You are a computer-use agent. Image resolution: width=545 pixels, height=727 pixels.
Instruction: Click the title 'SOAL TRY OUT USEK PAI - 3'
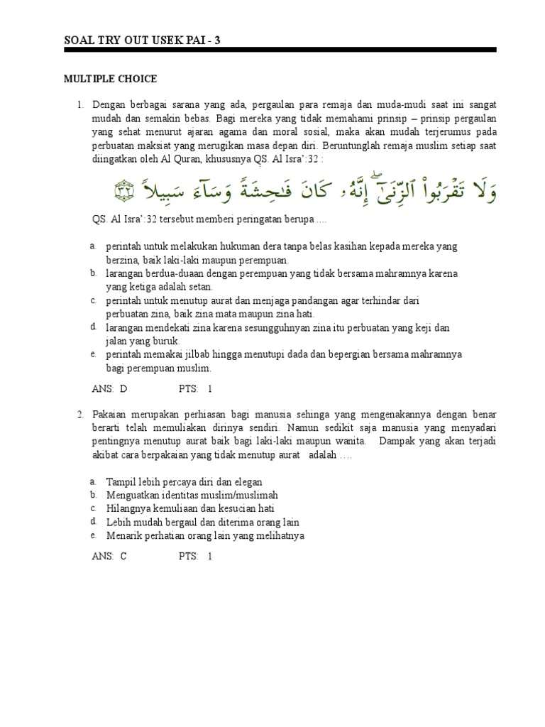point(142,40)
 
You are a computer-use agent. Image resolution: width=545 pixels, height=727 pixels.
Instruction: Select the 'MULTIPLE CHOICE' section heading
point(110,79)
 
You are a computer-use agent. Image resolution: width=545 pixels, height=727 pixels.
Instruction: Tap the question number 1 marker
point(80,105)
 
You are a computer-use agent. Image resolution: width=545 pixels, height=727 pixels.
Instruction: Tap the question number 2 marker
point(80,414)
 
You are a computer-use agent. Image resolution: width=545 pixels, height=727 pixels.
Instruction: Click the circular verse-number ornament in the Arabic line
point(125,190)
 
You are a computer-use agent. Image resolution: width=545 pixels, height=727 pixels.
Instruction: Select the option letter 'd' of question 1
point(93,327)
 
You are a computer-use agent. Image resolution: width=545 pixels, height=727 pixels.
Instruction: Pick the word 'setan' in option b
point(197,287)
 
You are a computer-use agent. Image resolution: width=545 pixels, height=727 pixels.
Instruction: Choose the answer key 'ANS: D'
point(110,389)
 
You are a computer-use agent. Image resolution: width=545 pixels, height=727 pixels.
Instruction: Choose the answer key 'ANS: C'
point(109,557)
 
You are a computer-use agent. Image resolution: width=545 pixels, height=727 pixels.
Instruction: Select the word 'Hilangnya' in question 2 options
point(127,509)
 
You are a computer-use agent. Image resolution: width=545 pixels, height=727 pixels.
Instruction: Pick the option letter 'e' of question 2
point(93,535)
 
